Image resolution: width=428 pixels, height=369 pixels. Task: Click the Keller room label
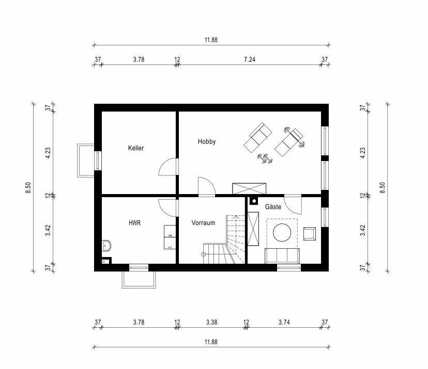(135, 148)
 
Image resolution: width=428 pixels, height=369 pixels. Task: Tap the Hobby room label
(207, 141)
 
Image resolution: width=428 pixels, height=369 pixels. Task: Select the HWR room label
(134, 223)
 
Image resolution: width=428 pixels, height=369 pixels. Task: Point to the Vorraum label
(203, 222)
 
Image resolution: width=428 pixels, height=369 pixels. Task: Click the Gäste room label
(273, 206)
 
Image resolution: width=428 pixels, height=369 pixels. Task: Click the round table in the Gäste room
(282, 232)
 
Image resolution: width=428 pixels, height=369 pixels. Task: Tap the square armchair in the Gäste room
(310, 234)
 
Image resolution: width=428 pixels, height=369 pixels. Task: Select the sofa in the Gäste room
(282, 255)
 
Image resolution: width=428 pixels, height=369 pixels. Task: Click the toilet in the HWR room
(106, 246)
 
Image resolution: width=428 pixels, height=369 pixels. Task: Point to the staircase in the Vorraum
(224, 240)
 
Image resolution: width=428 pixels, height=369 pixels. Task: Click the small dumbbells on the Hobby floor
(265, 158)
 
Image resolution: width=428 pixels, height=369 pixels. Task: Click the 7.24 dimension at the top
(250, 59)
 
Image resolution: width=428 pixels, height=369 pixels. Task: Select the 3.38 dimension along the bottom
(211, 322)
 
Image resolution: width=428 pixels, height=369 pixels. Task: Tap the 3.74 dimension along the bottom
(284, 322)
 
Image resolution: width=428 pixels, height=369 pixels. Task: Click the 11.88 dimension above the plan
(211, 40)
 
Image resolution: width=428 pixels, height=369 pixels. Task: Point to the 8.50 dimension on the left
(28, 187)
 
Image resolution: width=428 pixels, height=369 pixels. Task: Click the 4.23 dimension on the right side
(362, 153)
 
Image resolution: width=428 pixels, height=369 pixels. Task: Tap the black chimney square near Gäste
(254, 201)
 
